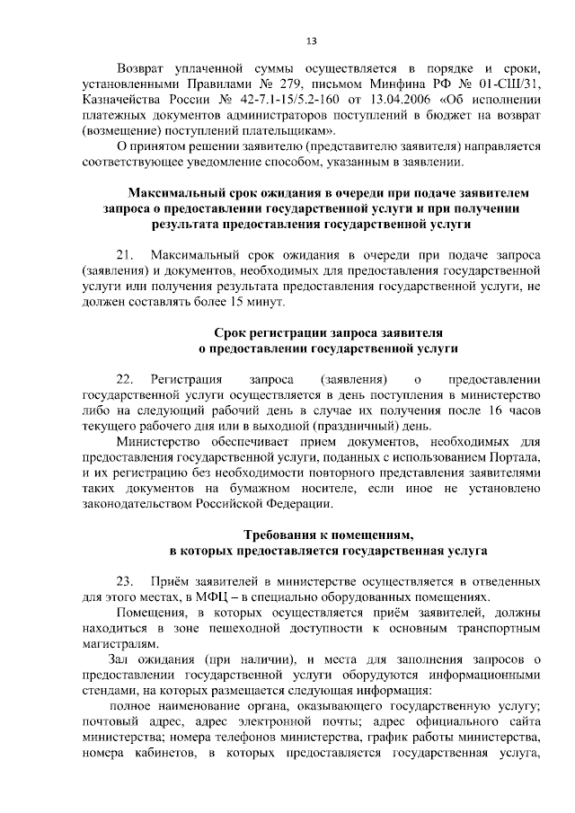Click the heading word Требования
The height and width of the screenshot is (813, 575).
point(281,535)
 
